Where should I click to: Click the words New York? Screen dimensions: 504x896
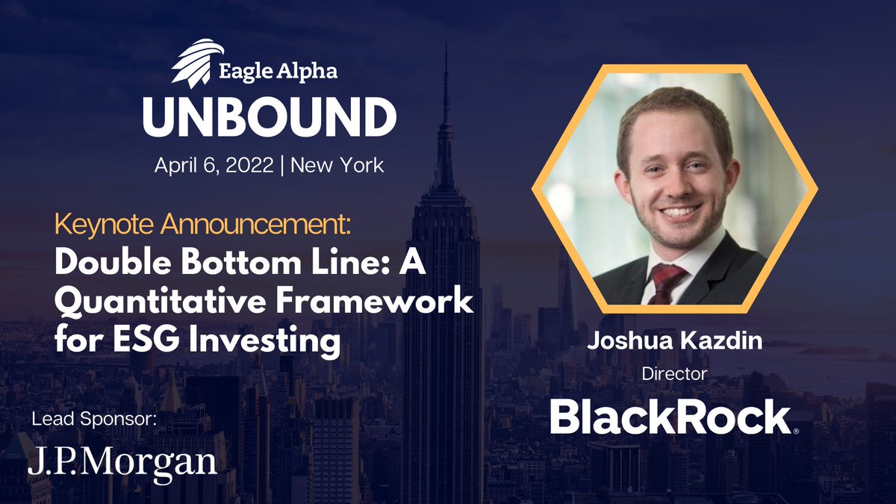(x=337, y=164)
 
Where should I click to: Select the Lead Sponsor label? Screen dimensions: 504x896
(x=95, y=419)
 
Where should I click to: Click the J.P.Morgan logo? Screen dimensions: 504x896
(x=122, y=461)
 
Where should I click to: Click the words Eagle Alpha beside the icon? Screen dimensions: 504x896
(x=278, y=72)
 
